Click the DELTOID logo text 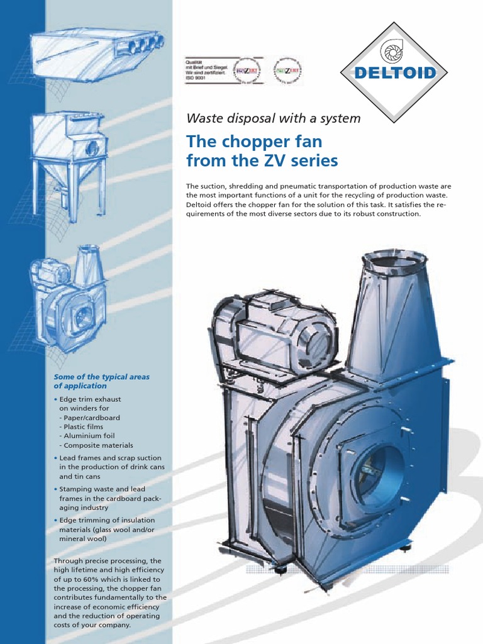(395, 73)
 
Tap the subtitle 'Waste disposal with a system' (274, 118)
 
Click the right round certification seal (287, 70)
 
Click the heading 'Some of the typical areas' (101, 377)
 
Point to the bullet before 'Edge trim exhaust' (55, 399)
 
